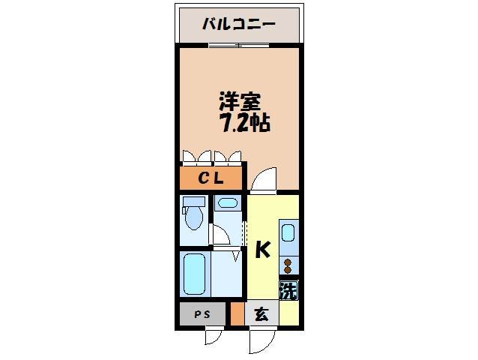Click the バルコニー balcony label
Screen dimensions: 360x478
[x=239, y=24]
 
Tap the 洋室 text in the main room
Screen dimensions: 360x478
[x=235, y=100]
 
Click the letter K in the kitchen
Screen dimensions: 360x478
[x=262, y=250]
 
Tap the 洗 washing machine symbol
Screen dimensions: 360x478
[x=288, y=289]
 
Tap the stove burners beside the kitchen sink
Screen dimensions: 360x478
[x=288, y=265]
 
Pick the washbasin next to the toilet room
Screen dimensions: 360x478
[x=227, y=202]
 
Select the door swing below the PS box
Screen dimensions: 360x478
[x=215, y=336]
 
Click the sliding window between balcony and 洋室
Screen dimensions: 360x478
[x=239, y=45]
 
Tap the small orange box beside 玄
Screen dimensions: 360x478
[x=237, y=313]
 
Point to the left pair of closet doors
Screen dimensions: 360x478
[x=196, y=157]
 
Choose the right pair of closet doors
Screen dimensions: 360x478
[x=228, y=157]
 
